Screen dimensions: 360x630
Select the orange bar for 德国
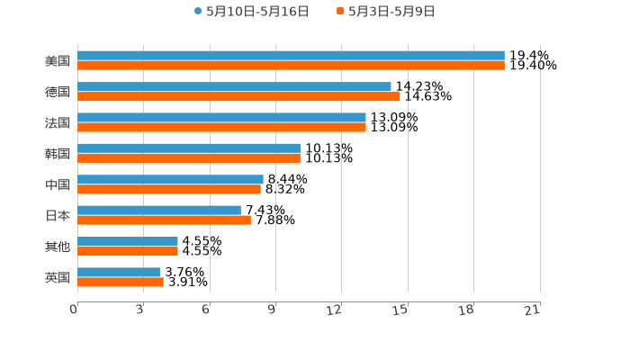pyautogui.click(x=238, y=96)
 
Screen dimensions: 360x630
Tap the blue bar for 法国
pyautogui.click(x=221, y=117)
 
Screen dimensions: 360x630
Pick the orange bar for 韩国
pyautogui.click(x=189, y=157)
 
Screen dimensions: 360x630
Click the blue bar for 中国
pyautogui.click(x=170, y=179)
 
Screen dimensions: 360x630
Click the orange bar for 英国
pyautogui.click(x=121, y=282)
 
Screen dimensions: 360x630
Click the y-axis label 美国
pyautogui.click(x=58, y=61)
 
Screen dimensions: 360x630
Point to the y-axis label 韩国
pyautogui.click(x=58, y=154)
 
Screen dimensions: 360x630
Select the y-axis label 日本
pyautogui.click(x=58, y=216)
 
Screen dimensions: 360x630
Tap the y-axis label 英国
pyautogui.click(x=58, y=277)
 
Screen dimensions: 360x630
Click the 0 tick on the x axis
pyautogui.click(x=75, y=310)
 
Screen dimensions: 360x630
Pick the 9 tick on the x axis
pyautogui.click(x=272, y=310)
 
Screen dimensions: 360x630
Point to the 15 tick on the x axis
pyautogui.click(x=402, y=310)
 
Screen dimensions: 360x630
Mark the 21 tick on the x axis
pyautogui.click(x=533, y=310)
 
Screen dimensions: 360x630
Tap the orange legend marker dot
pyautogui.click(x=340, y=12)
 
